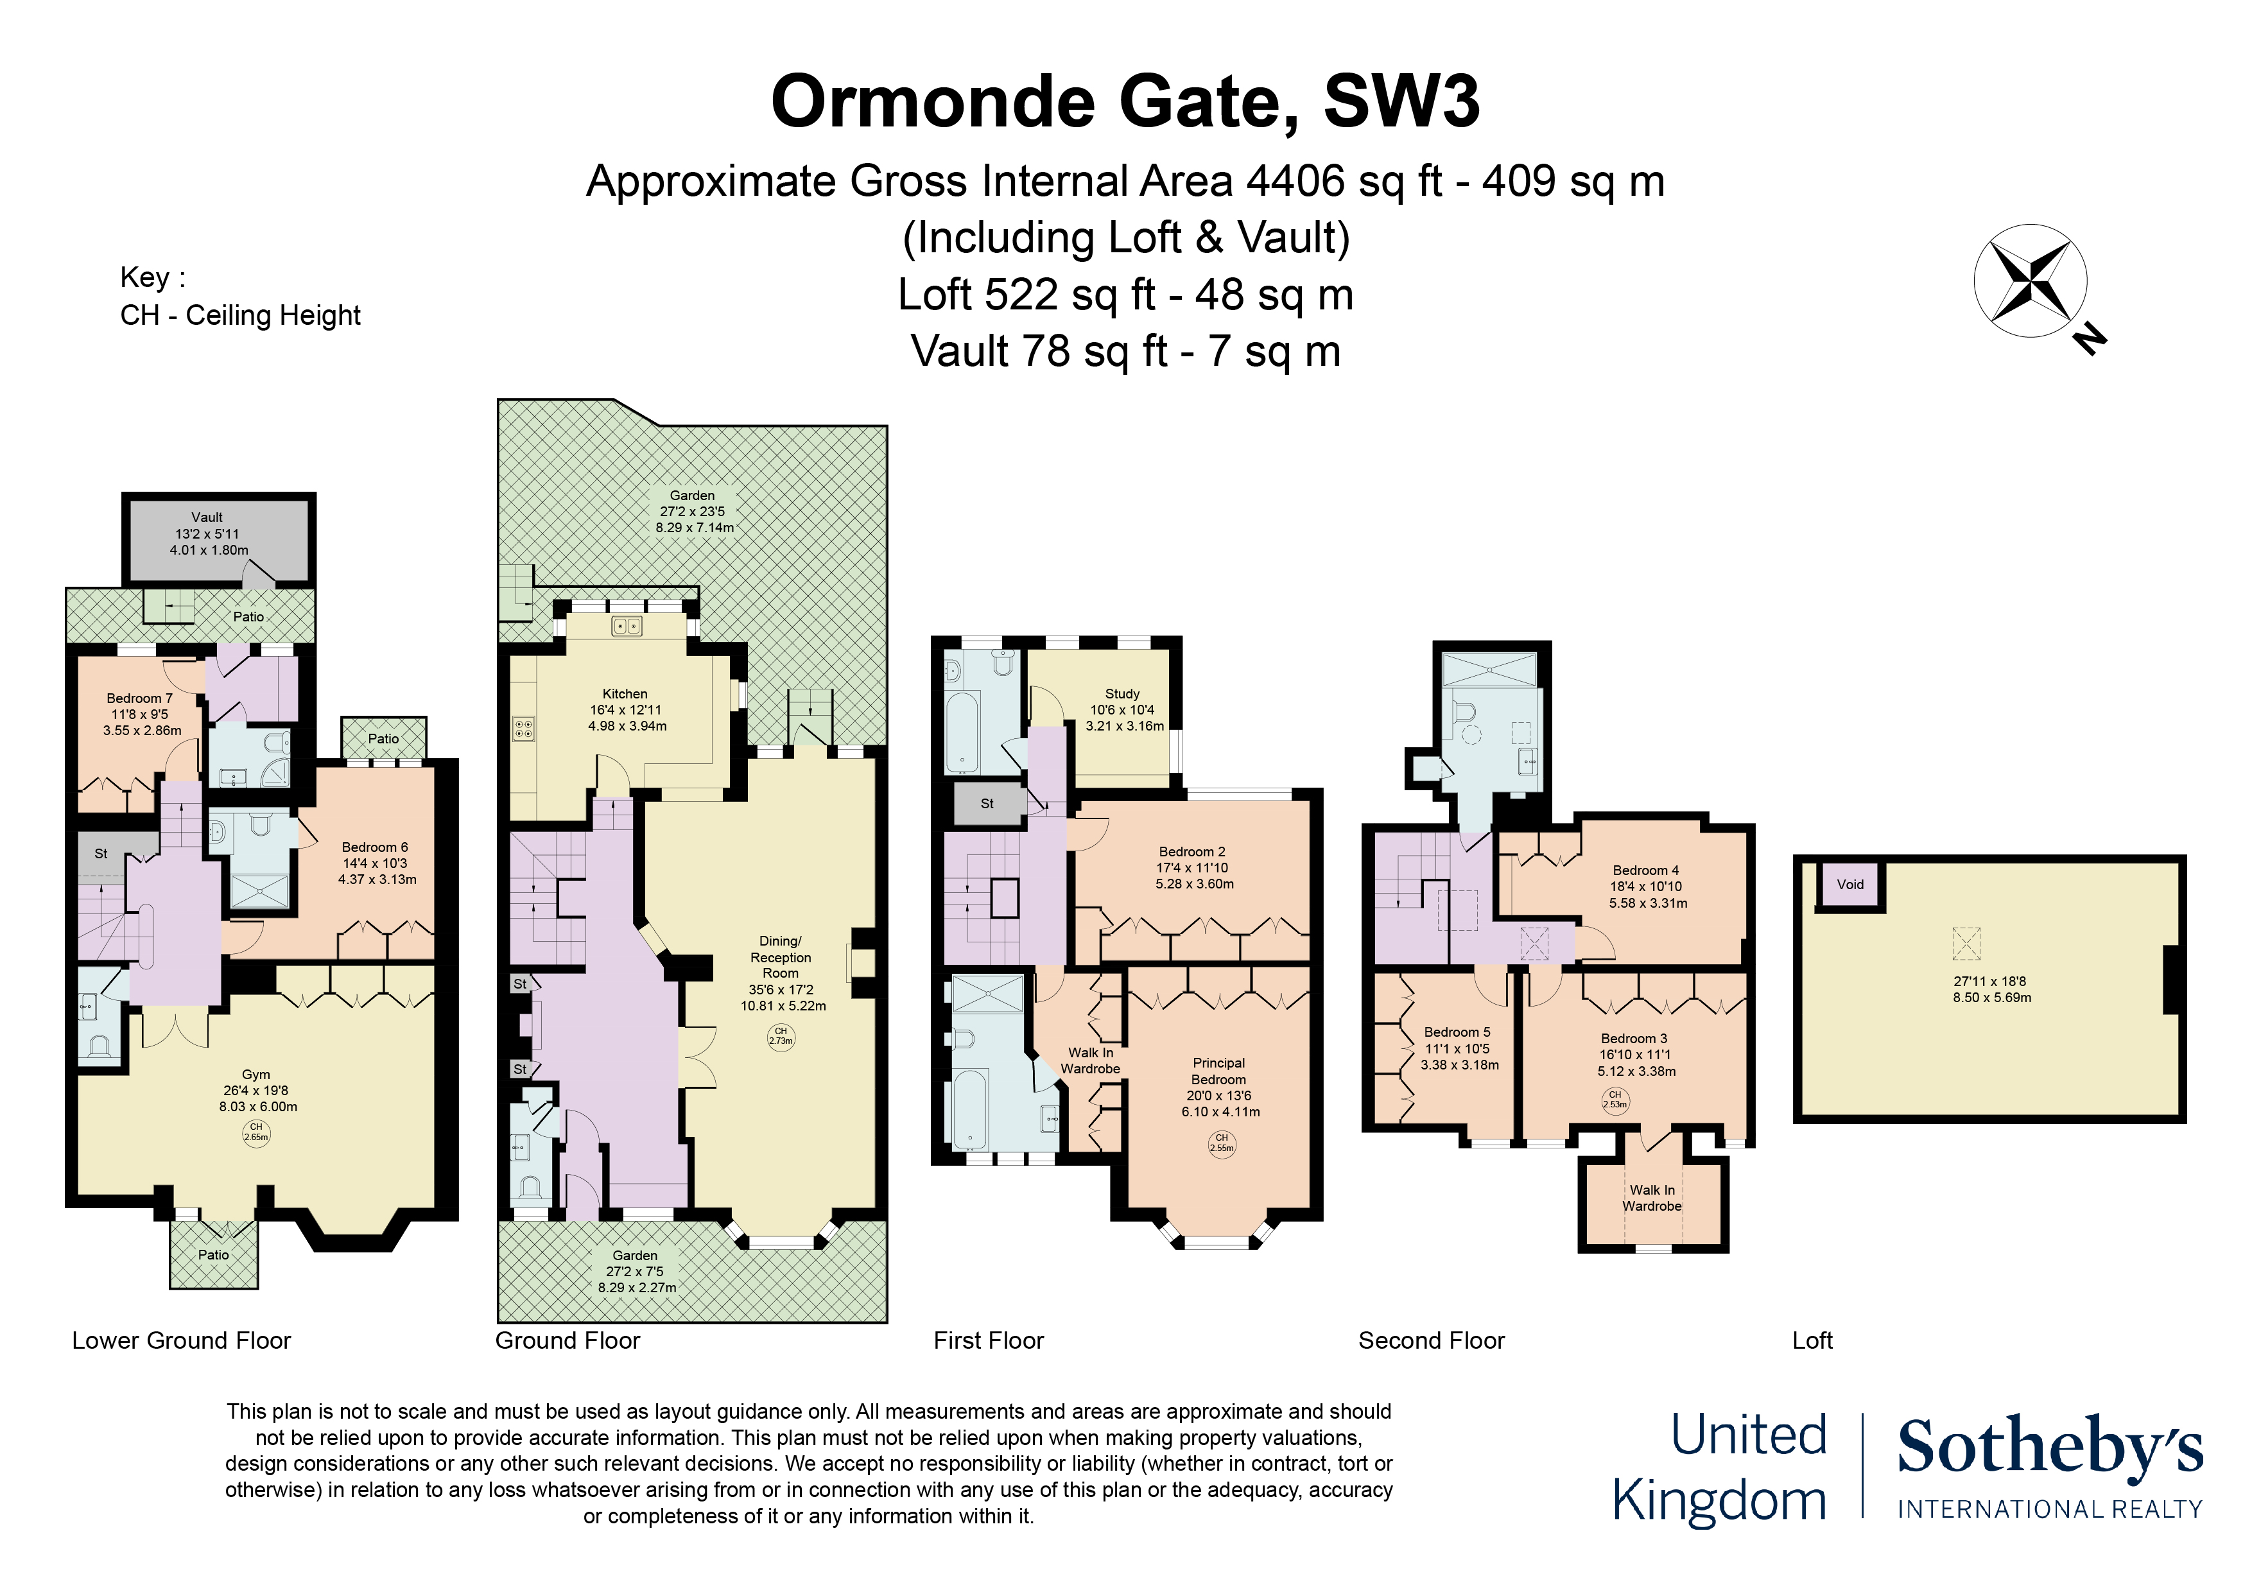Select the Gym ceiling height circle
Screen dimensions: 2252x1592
256,1133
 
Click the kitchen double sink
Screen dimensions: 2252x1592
626,626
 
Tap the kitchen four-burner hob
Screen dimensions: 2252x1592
524,729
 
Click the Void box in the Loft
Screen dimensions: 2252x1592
1850,885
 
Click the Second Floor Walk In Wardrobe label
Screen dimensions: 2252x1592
1652,1198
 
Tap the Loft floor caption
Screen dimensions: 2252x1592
1813,1341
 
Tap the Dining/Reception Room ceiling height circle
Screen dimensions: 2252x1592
781,1037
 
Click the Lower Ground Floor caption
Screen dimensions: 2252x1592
182,1341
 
